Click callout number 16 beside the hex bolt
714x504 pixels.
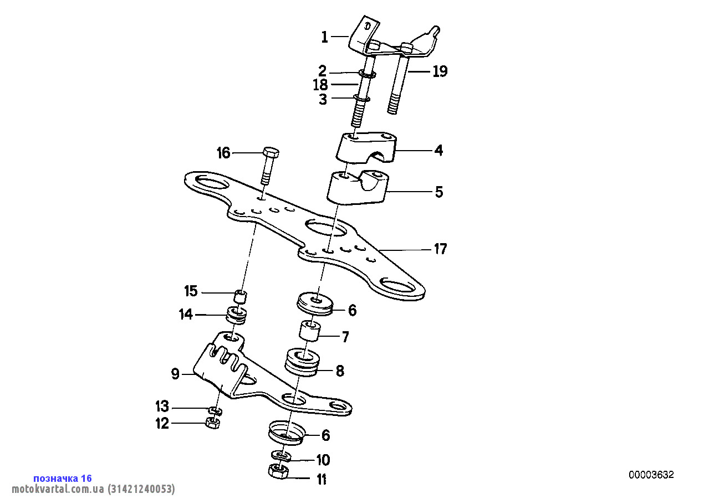tap(223, 153)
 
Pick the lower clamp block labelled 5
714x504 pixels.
tap(357, 189)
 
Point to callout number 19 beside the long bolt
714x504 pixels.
tap(440, 71)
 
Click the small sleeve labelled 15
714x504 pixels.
tap(240, 296)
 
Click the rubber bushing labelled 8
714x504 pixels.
tap(302, 363)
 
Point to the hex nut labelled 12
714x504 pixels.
tap(213, 423)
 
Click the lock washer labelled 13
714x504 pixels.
tap(215, 410)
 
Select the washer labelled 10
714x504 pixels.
tap(282, 455)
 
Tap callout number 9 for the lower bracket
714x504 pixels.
tap(175, 375)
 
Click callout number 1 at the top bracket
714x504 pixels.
tap(325, 38)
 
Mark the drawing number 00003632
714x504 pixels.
tap(651, 475)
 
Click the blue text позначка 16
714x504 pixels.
tap(62, 479)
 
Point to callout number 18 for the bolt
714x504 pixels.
tap(320, 85)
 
